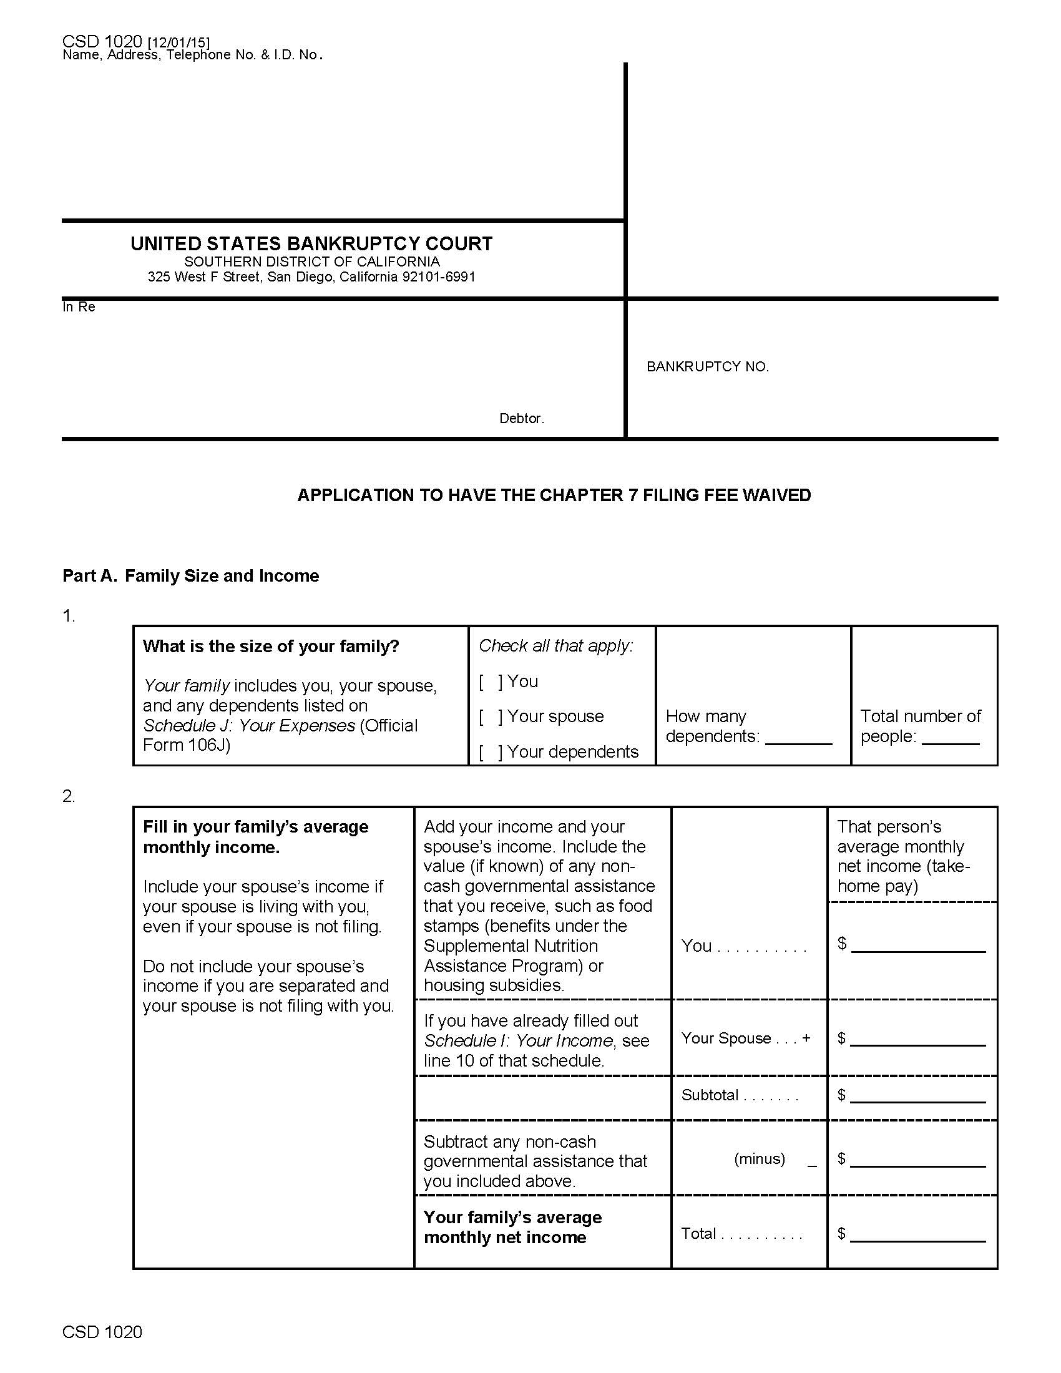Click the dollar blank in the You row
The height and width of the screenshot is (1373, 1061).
(x=917, y=946)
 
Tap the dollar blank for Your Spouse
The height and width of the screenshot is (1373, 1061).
(x=917, y=1039)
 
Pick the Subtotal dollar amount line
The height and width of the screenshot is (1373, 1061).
(x=917, y=1097)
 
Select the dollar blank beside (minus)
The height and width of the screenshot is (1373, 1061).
(x=917, y=1160)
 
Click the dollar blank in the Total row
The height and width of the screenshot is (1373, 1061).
(x=917, y=1235)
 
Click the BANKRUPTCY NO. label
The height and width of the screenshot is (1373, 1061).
(x=708, y=367)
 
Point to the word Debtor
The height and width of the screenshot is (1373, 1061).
(x=521, y=419)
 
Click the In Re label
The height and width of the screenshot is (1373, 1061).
(x=79, y=308)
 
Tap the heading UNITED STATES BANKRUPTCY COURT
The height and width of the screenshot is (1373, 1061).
(x=311, y=244)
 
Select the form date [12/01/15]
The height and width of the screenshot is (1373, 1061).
(x=178, y=42)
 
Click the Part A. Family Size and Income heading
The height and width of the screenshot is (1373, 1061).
(x=190, y=576)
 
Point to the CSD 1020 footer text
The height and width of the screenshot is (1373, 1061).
(x=102, y=1332)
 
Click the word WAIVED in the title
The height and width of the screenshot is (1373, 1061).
(x=777, y=496)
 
